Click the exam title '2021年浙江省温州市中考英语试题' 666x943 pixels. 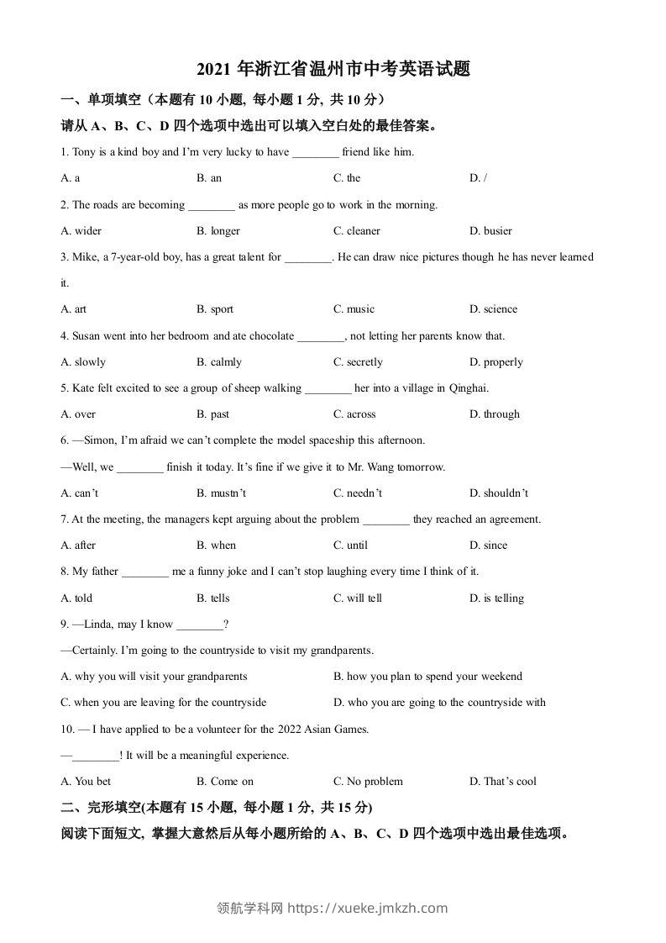pyautogui.click(x=333, y=69)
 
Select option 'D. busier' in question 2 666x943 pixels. pyautogui.click(x=490, y=231)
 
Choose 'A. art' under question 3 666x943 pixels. pyautogui.click(x=74, y=309)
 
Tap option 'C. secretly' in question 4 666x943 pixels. pyautogui.click(x=358, y=362)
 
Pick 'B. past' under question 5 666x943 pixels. pyautogui.click(x=212, y=414)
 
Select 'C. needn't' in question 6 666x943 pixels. pyautogui.click(x=358, y=493)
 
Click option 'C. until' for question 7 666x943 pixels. pyautogui.click(x=350, y=545)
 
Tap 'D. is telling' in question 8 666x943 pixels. pyautogui.click(x=496, y=598)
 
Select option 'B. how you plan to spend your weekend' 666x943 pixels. pyautogui.click(x=427, y=677)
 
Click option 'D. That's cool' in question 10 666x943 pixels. pyautogui.click(x=502, y=782)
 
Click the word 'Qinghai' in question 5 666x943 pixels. pyautogui.click(x=469, y=388)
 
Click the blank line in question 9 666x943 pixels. pyautogui.click(x=202, y=624)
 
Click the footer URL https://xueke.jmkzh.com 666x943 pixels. pyautogui.click(x=367, y=908)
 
